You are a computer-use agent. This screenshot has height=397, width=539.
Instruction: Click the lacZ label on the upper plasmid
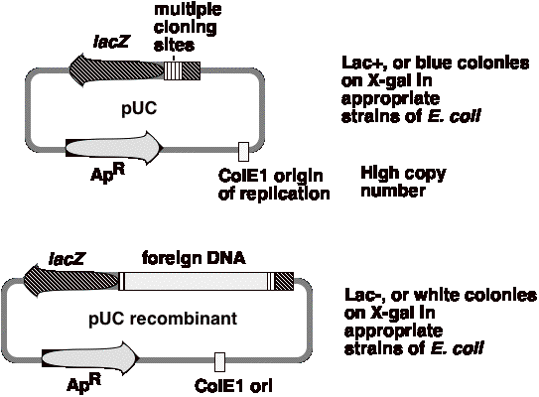click(111, 42)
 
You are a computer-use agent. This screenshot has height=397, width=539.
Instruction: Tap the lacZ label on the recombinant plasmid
click(67, 258)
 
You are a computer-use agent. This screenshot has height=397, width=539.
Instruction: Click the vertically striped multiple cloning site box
click(173, 70)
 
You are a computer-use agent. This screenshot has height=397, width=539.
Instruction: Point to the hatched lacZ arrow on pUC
click(117, 69)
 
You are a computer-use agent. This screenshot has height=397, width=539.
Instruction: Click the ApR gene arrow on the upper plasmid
click(114, 147)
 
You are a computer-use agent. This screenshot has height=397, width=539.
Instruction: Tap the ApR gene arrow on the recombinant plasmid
click(90, 358)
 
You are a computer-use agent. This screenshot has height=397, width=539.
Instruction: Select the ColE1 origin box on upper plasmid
click(244, 152)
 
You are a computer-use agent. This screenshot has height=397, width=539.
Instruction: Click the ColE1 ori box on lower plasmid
click(220, 362)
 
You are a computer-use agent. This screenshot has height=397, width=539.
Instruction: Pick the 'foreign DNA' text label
click(194, 258)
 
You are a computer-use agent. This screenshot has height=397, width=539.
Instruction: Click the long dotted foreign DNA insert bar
click(196, 281)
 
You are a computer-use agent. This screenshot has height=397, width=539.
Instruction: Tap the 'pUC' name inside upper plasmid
click(139, 108)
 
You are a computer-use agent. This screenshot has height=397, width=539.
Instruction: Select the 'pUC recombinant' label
click(163, 320)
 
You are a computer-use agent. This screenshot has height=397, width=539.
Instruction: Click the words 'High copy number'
click(403, 182)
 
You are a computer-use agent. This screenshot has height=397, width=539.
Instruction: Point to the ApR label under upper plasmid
click(107, 174)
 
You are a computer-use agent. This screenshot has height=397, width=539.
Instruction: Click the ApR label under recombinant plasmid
click(83, 383)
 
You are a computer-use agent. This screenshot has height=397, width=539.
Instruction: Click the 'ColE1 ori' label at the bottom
click(233, 385)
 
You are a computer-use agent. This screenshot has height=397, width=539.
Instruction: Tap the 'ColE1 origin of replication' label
click(274, 185)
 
